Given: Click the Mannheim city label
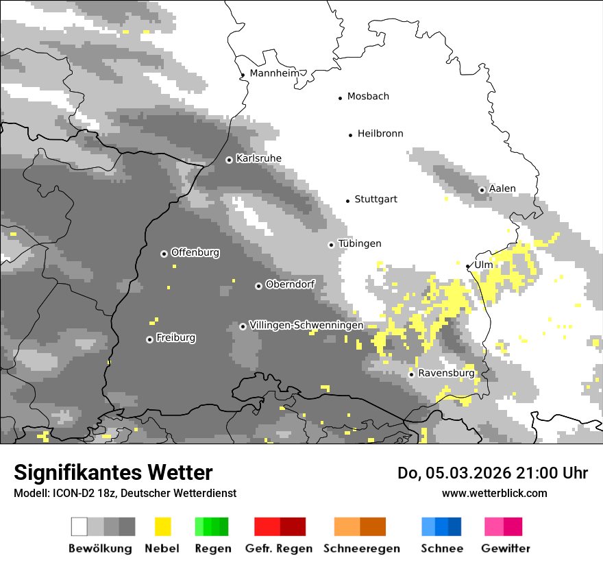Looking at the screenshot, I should pos(275,73).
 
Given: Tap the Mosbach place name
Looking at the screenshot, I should pos(368,97).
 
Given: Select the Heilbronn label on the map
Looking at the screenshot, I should pos(380,134).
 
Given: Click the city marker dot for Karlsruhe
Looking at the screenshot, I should pos(229,160).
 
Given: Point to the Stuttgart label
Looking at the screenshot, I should pos(376,199).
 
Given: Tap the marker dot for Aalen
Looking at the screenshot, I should pos(482,190).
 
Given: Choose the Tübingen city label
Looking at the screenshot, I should pos(360,244).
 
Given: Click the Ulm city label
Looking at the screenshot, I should pos(483,265).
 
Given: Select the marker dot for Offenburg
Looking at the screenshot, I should pos(164,254).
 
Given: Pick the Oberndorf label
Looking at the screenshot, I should pos(290,284).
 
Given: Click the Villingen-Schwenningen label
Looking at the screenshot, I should pos(306,326).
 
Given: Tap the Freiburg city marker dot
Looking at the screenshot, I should pos(149,339).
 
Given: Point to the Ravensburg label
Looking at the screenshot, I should pos(446,374).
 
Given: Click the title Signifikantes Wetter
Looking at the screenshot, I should pos(113,472).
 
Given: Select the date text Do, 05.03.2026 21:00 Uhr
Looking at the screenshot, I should pos(493,473).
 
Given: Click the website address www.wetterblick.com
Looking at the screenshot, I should pos(494,493).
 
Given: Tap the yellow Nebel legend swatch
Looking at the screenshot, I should pos(162,526).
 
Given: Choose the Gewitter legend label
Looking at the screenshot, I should pos(506,548).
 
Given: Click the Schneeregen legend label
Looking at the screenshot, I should pos(361,548).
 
